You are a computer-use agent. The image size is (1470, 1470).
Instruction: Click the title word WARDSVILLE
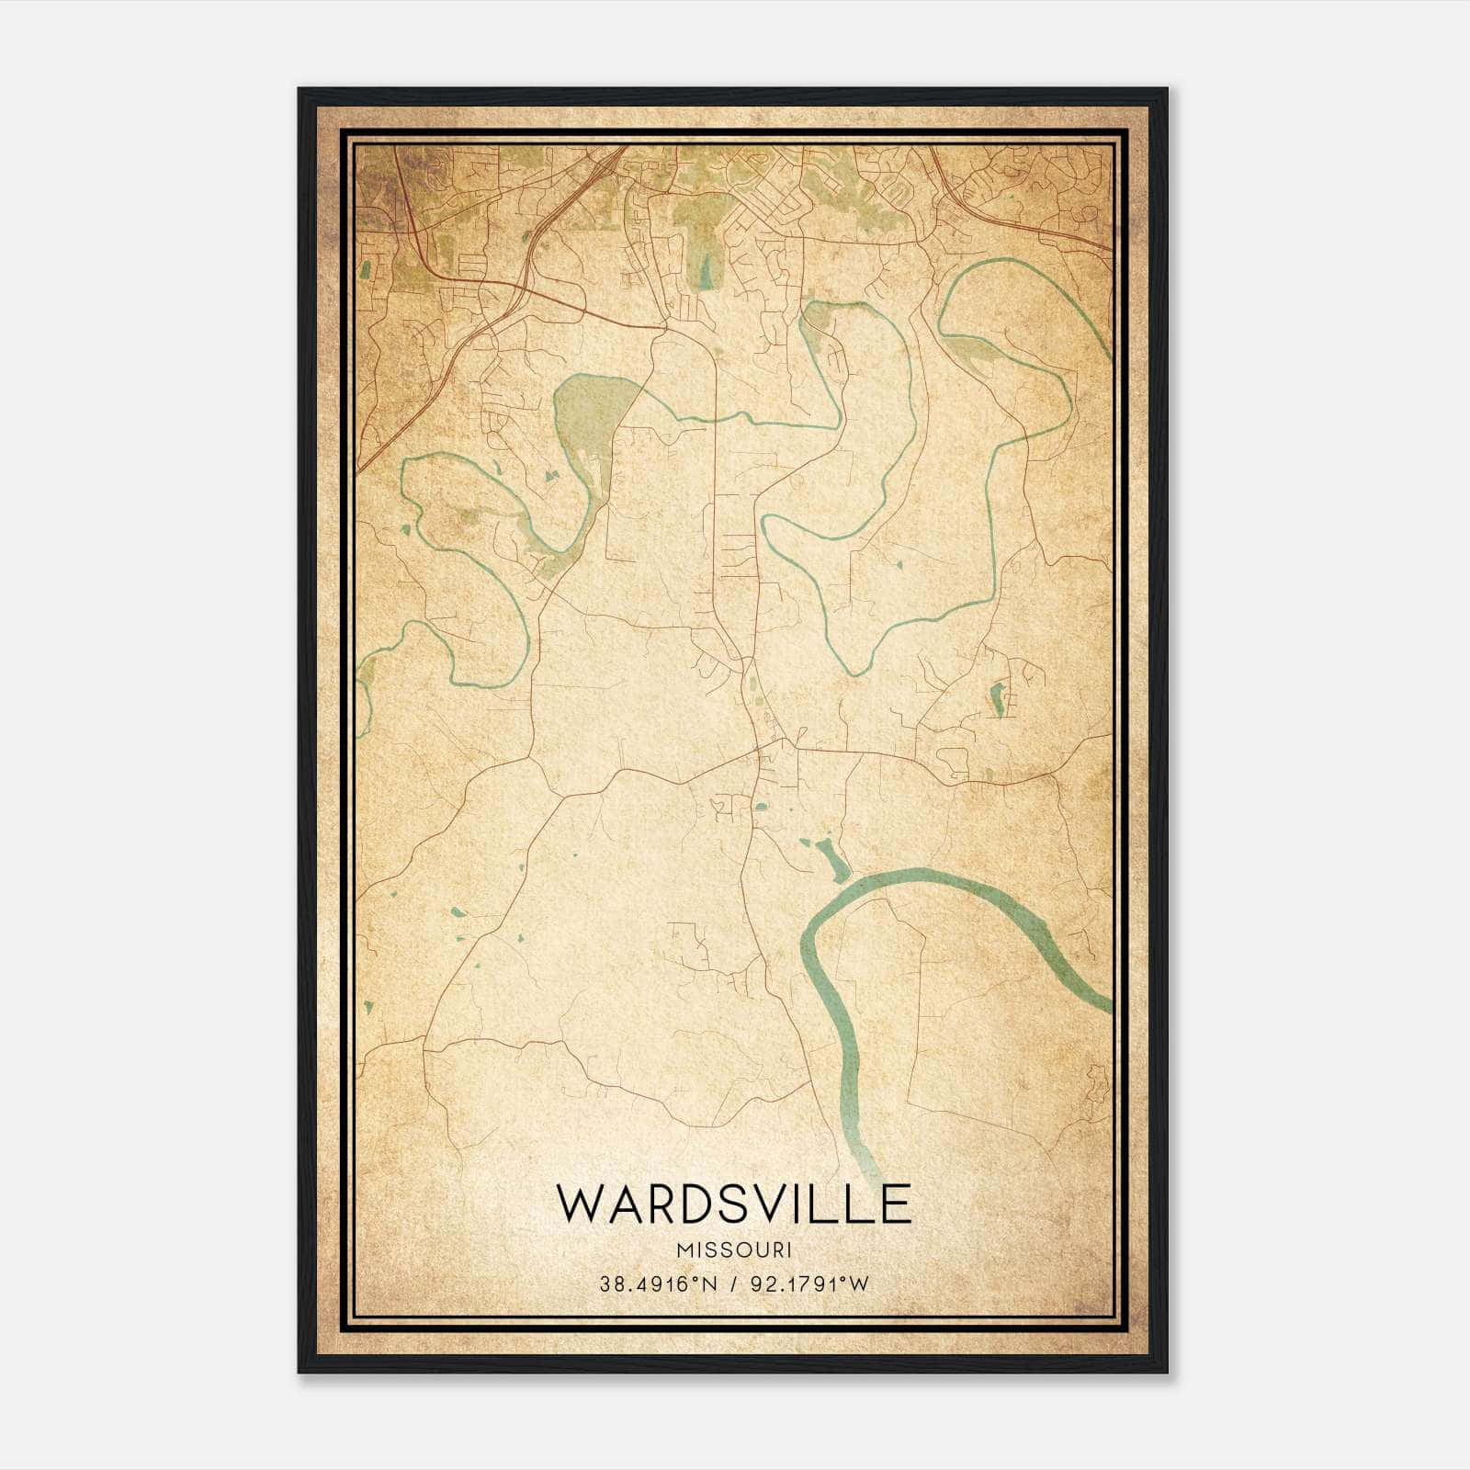pos(733,1204)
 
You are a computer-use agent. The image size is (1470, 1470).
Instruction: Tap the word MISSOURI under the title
pos(733,1250)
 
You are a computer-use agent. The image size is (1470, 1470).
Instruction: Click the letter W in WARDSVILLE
pos(580,1204)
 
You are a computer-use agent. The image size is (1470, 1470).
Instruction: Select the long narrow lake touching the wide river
pos(832,860)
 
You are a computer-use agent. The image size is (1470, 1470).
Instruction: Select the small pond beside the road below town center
pos(762,808)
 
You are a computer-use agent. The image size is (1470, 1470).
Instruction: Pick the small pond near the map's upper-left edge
pos(367,269)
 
